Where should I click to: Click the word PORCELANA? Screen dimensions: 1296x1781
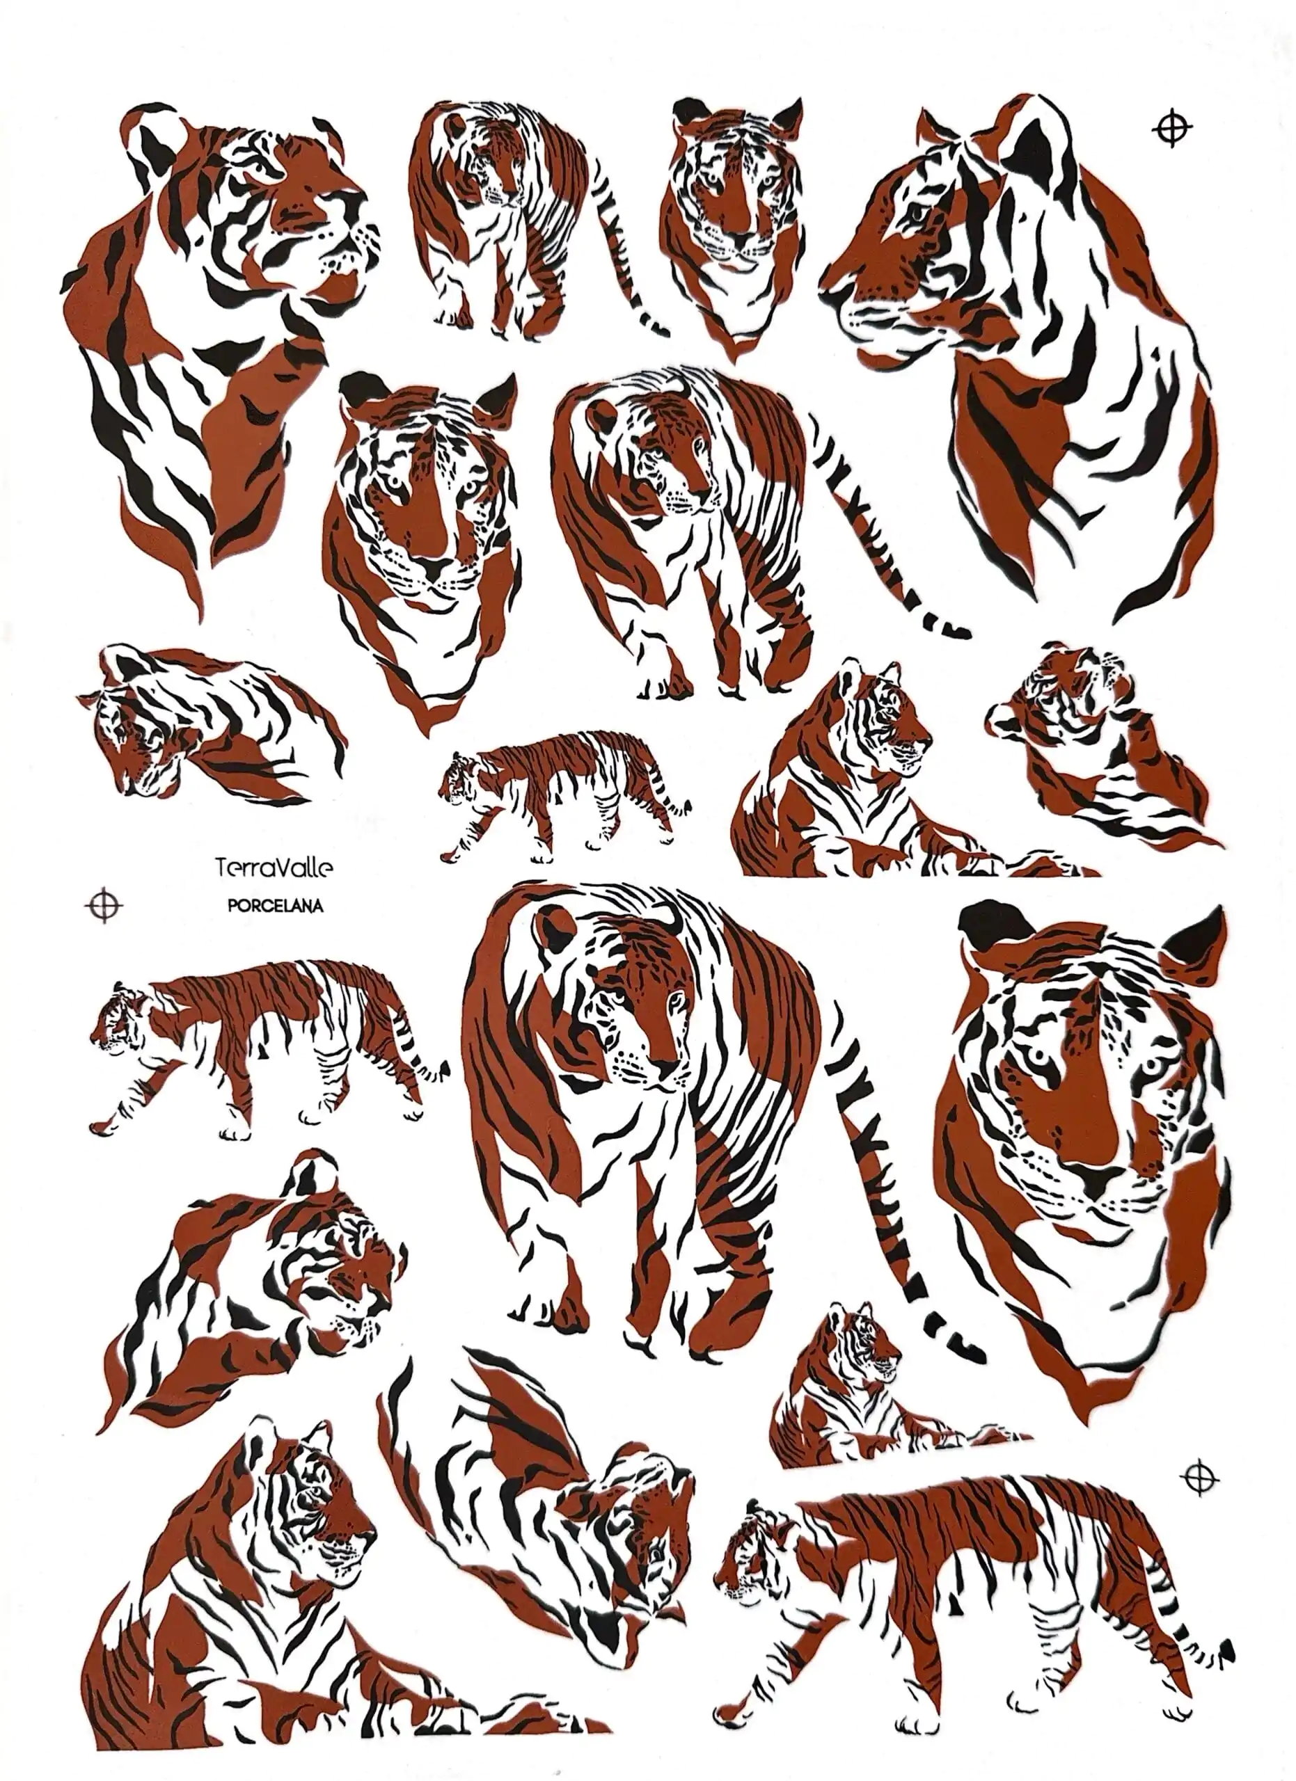[275, 905]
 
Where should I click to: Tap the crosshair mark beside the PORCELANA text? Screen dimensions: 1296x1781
[104, 905]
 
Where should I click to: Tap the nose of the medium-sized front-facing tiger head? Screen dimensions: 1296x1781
[433, 566]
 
